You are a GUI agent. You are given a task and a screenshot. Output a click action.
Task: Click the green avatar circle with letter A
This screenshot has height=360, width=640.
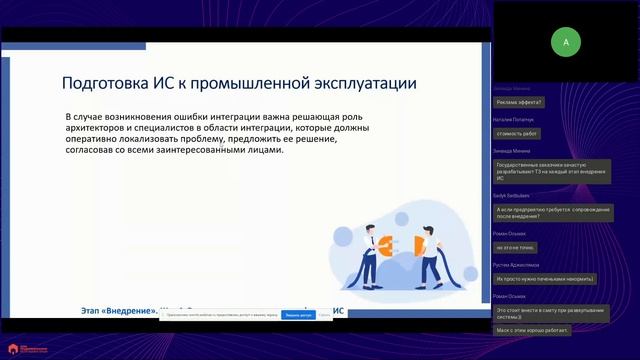coord(566,42)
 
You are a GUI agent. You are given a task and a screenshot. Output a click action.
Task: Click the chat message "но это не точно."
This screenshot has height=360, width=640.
coord(517,246)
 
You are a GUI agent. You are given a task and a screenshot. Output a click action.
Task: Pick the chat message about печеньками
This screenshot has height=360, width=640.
coord(544,278)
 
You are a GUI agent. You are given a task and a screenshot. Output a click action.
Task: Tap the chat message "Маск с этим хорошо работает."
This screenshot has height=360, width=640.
coord(533,329)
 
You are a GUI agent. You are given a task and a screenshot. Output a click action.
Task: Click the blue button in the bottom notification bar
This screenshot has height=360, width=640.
coord(298,314)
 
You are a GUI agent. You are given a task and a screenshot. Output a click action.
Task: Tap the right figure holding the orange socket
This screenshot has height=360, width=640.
coord(431,249)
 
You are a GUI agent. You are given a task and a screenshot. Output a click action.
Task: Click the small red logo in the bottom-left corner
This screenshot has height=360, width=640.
coord(13,349)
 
